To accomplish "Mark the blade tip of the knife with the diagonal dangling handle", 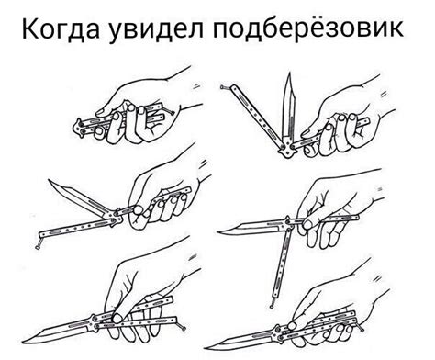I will [48, 184].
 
